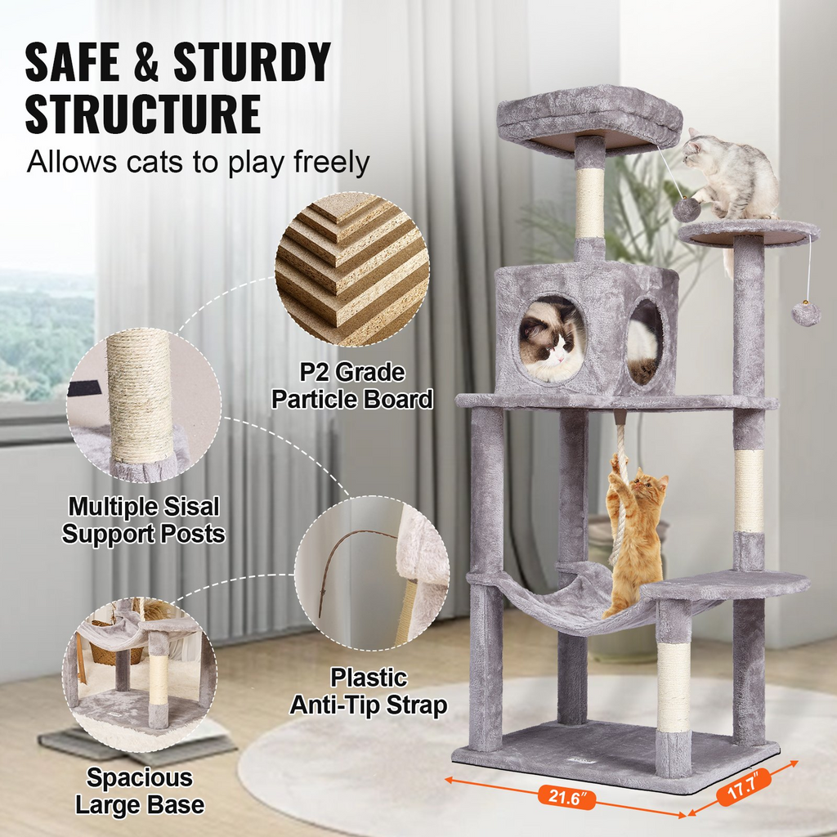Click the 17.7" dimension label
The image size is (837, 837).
[x=744, y=784]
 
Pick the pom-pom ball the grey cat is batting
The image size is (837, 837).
[x=686, y=209]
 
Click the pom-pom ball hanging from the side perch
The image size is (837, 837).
[x=806, y=313]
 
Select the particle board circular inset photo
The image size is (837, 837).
[x=352, y=269]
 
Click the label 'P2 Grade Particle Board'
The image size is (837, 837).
[x=352, y=387]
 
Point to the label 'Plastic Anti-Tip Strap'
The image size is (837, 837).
[x=369, y=691]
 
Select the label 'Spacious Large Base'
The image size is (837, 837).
[x=140, y=790]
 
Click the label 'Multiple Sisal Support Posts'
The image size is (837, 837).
[x=144, y=521]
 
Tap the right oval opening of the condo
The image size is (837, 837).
[x=645, y=341]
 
